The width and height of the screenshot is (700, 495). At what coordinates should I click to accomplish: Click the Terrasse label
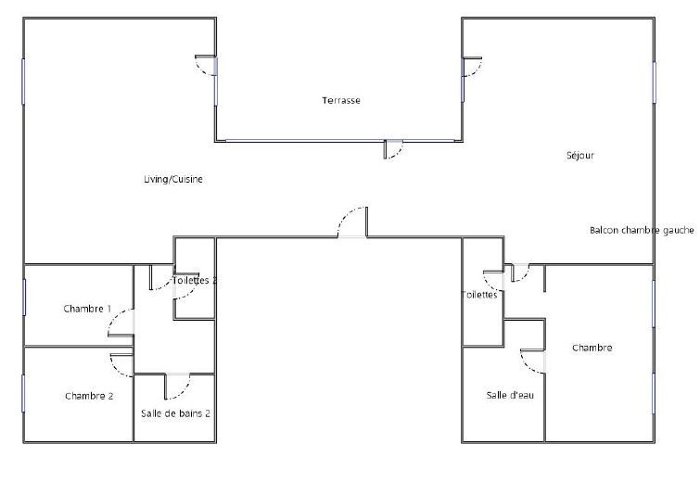click(x=341, y=100)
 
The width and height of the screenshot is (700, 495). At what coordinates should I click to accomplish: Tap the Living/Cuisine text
click(x=173, y=179)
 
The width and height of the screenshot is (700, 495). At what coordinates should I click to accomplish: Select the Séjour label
click(x=580, y=156)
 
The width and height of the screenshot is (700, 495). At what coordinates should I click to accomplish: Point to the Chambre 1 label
click(x=87, y=309)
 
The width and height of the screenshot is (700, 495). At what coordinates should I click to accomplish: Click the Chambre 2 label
click(x=89, y=396)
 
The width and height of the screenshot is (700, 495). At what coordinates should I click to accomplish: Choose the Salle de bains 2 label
click(x=175, y=413)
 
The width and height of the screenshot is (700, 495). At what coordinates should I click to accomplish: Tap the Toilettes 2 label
click(x=195, y=280)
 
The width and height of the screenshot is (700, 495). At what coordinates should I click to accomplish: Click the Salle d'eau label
click(x=510, y=395)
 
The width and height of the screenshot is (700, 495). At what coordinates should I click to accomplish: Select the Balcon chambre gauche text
click(x=642, y=230)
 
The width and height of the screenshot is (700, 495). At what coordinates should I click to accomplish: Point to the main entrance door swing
click(x=352, y=222)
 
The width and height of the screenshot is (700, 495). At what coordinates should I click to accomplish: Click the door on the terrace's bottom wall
click(x=393, y=149)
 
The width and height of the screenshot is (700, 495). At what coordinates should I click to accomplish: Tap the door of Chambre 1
click(x=121, y=323)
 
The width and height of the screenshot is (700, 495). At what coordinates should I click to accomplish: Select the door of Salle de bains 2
click(x=177, y=387)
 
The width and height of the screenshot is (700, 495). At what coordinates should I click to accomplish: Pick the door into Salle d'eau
click(x=532, y=361)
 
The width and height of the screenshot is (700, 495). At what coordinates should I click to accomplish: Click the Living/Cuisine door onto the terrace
click(x=206, y=66)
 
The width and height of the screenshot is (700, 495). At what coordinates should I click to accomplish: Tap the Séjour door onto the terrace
click(x=472, y=67)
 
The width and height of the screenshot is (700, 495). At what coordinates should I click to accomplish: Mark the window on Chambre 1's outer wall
click(x=24, y=298)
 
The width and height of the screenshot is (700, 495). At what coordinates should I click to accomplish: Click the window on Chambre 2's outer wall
click(x=23, y=393)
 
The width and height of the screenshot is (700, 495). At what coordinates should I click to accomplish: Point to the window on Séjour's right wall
click(x=655, y=82)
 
